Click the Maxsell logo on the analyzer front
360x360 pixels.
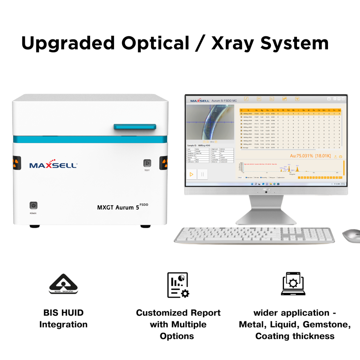point(53,165)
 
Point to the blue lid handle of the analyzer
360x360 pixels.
point(135,126)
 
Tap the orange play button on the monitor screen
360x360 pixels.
point(192,174)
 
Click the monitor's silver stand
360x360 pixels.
point(266,212)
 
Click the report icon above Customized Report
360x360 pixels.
point(178,285)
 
